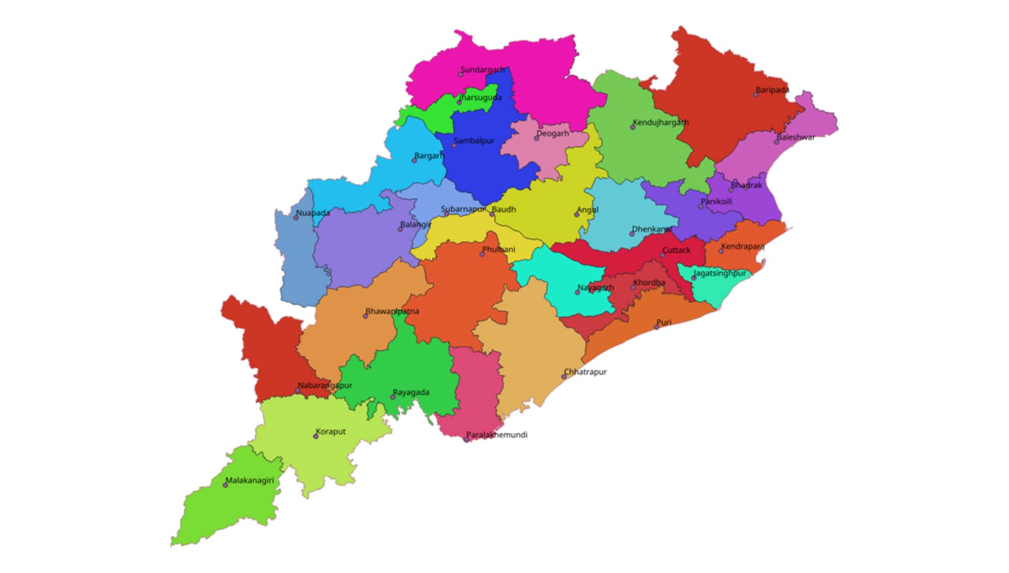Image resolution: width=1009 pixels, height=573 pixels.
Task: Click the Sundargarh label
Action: coord(482,70)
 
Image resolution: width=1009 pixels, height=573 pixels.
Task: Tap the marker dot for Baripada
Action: coord(756,94)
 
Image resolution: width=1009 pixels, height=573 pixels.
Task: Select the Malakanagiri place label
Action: coord(250,480)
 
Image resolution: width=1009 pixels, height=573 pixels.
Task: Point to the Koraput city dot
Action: coord(315,436)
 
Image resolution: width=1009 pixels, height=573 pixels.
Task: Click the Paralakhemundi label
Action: coord(497,435)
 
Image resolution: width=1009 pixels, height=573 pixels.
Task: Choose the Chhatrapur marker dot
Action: coord(564,377)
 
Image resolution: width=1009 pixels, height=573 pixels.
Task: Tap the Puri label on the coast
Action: coord(664,322)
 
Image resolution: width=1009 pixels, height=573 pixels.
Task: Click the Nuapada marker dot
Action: coord(296,218)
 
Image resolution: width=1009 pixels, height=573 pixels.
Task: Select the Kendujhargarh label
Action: coord(660,122)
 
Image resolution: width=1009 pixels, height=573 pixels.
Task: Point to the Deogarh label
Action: coord(553,133)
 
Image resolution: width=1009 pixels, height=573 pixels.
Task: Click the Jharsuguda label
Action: coord(481,97)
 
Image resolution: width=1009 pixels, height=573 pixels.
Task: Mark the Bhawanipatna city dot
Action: coord(365,316)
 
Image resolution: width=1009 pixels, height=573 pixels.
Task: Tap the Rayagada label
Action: coord(411,392)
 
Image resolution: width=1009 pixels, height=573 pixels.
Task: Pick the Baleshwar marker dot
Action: coord(776,142)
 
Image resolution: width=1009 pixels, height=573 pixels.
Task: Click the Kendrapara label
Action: coord(742,246)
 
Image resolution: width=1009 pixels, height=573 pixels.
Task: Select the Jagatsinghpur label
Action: coord(720,273)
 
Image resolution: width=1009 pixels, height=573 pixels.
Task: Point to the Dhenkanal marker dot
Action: coord(632,234)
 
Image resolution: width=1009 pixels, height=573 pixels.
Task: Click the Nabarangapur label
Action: coord(325,385)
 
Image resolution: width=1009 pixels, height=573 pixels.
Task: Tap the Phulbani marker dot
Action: coord(482,254)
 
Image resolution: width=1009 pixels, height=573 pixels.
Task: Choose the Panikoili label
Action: coord(716,201)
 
